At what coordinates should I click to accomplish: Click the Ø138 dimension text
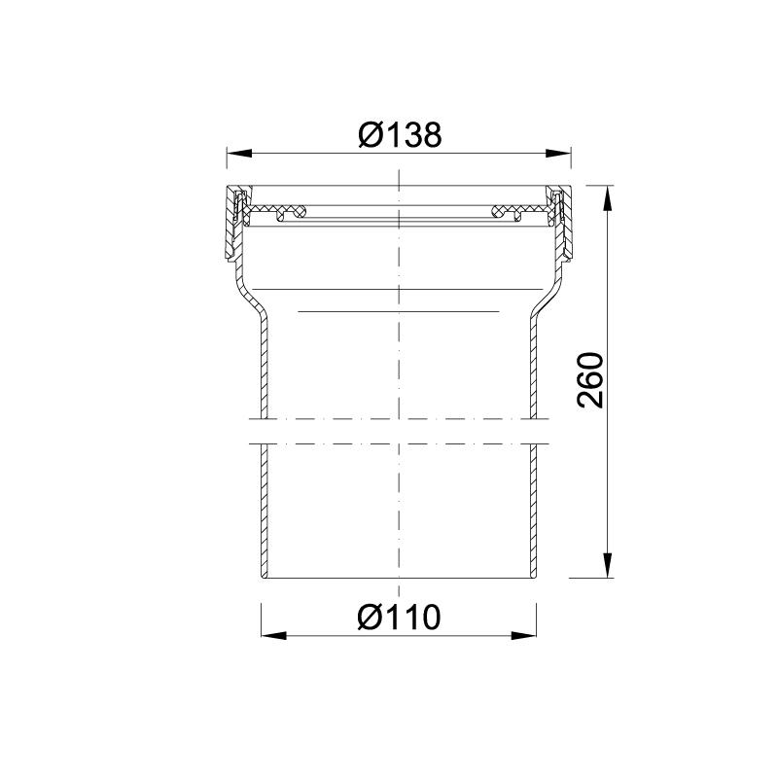[x=399, y=134]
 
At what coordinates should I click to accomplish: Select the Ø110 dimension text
[x=399, y=617]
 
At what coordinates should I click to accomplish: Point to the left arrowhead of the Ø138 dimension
[x=238, y=152]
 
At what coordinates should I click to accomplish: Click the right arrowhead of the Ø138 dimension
[x=559, y=152]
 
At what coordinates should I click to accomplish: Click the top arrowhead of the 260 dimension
[x=609, y=195]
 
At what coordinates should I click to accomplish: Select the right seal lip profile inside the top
[x=510, y=211]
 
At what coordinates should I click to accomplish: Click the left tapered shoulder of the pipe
[x=246, y=301]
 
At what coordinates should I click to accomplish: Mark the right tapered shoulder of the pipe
[x=550, y=301]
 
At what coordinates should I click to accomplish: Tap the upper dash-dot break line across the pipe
[x=398, y=419]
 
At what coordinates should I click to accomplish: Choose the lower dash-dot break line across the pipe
[x=398, y=444]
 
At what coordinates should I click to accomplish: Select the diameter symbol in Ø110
[x=370, y=617]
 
